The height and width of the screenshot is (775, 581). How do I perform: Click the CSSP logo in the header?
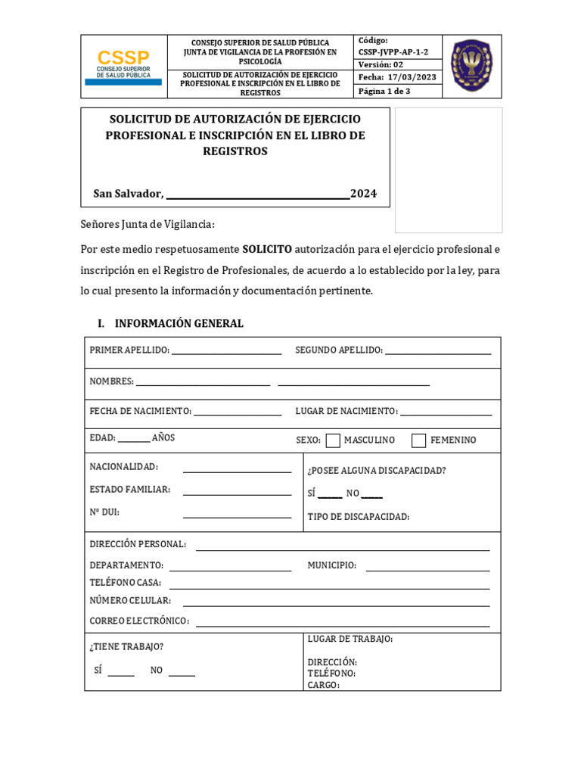(123, 67)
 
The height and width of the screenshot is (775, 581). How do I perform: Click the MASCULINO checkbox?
(333, 440)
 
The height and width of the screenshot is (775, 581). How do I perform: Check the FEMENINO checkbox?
(418, 440)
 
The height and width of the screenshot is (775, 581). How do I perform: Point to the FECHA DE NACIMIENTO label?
(140, 411)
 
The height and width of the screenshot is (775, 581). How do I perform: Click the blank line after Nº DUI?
(237, 516)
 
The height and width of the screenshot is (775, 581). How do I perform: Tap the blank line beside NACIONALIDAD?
(237, 471)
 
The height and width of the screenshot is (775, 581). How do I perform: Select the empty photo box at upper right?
(449, 170)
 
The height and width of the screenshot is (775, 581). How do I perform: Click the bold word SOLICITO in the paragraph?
(266, 249)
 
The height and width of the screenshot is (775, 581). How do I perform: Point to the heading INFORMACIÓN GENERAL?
(179, 323)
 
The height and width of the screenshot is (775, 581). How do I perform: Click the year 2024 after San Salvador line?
(363, 194)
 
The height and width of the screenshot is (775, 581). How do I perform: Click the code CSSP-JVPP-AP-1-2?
(393, 51)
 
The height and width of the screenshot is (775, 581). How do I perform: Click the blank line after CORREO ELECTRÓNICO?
(342, 625)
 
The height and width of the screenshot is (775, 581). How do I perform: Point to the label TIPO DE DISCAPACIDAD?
(358, 517)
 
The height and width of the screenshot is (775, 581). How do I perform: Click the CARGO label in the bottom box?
(323, 686)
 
